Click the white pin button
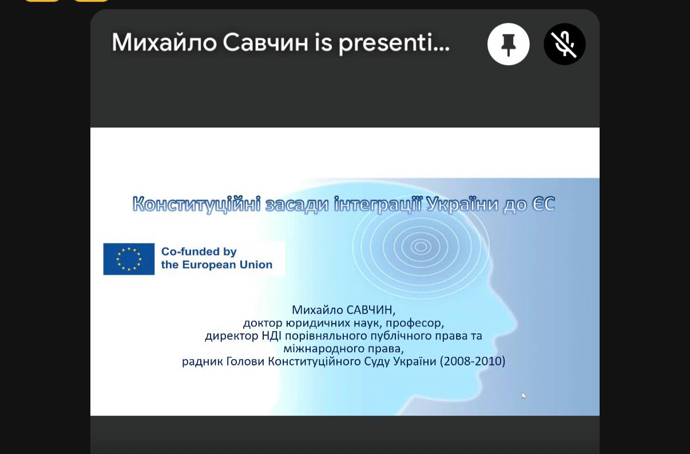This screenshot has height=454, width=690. coord(508,44)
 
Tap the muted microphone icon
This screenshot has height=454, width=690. coord(564,44)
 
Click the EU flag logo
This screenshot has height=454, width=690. coord(129,259)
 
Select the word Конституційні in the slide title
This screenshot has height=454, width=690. coord(197,204)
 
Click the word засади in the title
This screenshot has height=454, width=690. coord(297,205)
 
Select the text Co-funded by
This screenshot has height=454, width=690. coord(199,252)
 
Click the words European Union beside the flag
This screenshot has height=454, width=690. coord(227,265)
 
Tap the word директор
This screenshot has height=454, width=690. coord(232,336)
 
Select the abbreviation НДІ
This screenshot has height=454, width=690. coord(271,336)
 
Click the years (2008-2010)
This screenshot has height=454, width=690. coord(473,361)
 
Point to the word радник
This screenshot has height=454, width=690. coord(203,362)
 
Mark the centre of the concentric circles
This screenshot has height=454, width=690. coord(421,246)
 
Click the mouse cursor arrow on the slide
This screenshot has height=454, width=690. coord(524,396)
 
